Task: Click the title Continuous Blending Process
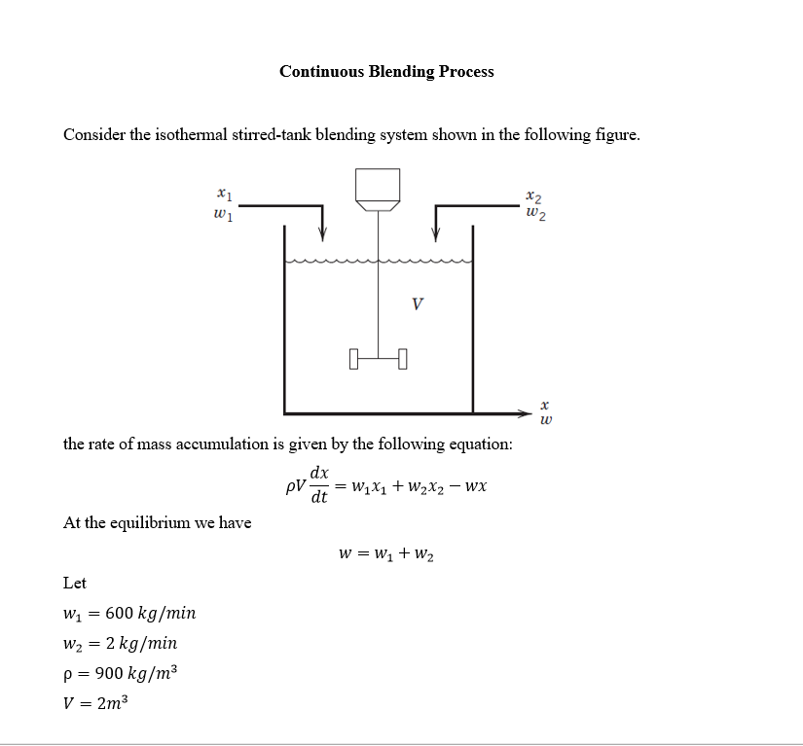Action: (x=386, y=71)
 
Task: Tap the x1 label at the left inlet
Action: (x=223, y=195)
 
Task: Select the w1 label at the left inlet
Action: (x=222, y=212)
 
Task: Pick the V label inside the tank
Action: (x=417, y=303)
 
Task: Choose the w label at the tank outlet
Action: (x=545, y=420)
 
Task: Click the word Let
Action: (x=75, y=583)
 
